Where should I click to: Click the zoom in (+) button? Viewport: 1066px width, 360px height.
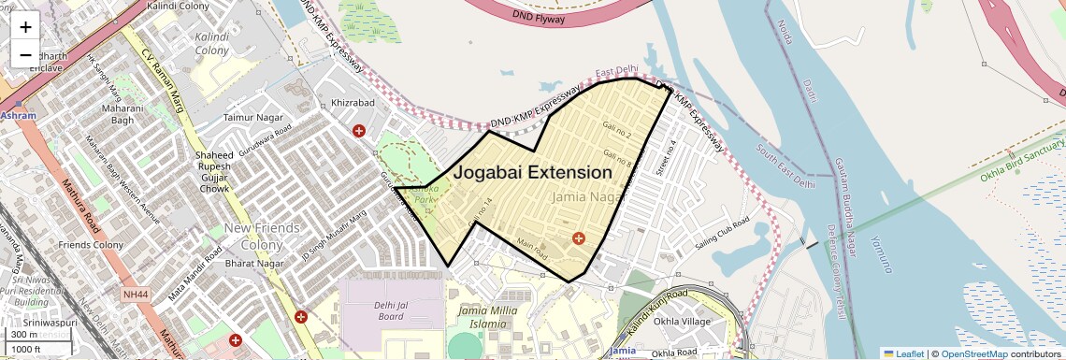pos(25,27)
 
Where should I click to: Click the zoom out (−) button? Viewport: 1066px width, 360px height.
pos(25,55)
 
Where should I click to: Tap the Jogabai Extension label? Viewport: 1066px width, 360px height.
pos(532,173)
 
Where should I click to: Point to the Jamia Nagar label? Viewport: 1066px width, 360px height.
pos(587,197)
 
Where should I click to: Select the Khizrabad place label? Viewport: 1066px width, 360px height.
pos(353,103)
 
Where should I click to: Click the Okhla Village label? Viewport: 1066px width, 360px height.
pos(684,322)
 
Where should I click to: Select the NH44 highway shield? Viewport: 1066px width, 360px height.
pos(136,295)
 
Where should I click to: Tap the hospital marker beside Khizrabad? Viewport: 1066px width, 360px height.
pos(358,131)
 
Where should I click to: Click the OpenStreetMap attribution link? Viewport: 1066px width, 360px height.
pos(973,353)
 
